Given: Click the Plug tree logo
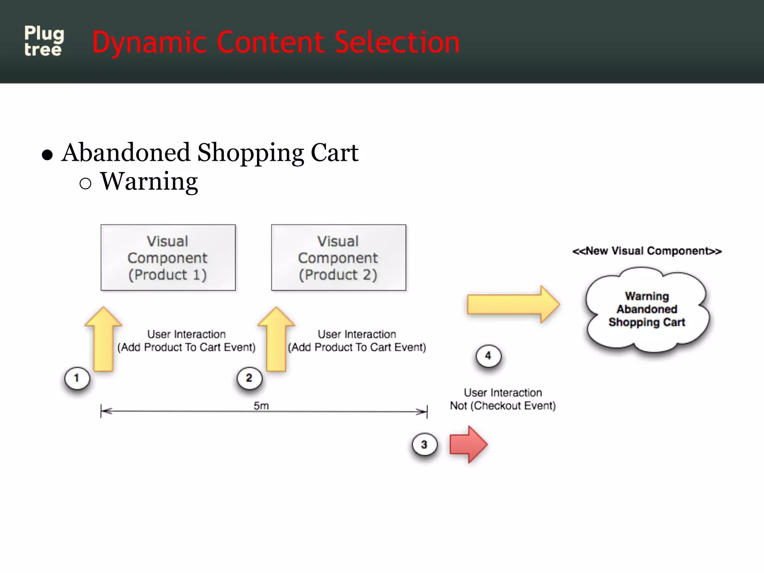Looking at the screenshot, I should (44, 41).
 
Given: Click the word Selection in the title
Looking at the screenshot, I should (397, 43).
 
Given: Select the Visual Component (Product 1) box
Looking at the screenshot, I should (168, 258).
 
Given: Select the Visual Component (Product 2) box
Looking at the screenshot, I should (338, 258).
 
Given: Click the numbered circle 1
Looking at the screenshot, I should (77, 378).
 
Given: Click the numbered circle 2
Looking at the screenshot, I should (249, 378).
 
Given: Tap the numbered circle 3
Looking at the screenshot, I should (424, 445).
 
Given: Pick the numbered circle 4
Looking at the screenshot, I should (488, 356).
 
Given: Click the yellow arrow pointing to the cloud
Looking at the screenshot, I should (513, 304).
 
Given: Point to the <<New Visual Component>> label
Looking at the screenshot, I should (647, 251).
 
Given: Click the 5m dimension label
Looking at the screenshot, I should (261, 406).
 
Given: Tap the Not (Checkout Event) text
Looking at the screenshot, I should (502, 406).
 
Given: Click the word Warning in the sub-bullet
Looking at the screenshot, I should (149, 181).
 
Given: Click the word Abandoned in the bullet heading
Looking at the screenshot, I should (126, 153).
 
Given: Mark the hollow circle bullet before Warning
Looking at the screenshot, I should (85, 183).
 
